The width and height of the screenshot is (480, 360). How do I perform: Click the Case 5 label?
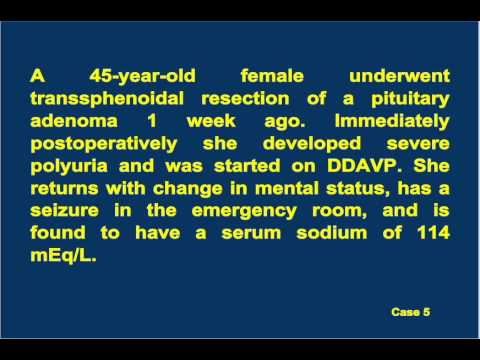point(410,313)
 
